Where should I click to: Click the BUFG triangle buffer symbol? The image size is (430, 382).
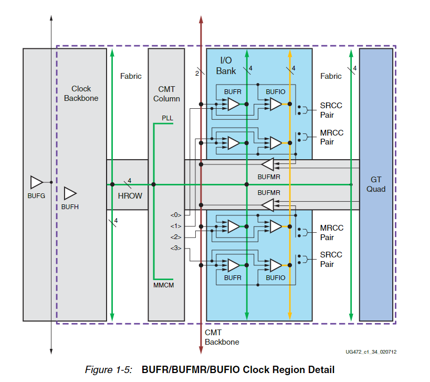(x=36, y=182)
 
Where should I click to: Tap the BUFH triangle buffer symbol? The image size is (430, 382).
(x=70, y=193)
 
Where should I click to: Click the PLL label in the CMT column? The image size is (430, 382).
(x=167, y=118)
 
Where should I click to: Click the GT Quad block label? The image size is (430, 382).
(x=376, y=184)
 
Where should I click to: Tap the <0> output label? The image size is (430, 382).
(x=175, y=215)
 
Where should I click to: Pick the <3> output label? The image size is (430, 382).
(x=175, y=247)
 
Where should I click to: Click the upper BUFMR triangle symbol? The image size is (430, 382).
(x=268, y=165)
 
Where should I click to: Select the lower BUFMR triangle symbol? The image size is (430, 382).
(x=268, y=205)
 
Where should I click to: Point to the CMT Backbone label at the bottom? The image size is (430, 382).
(x=222, y=337)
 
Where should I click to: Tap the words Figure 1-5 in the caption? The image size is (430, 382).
(x=109, y=370)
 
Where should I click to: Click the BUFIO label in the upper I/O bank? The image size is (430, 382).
(x=275, y=91)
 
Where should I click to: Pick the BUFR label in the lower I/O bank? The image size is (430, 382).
(x=233, y=277)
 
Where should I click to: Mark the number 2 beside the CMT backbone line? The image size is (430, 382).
(x=196, y=73)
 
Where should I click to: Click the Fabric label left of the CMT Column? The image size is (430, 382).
(x=131, y=76)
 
